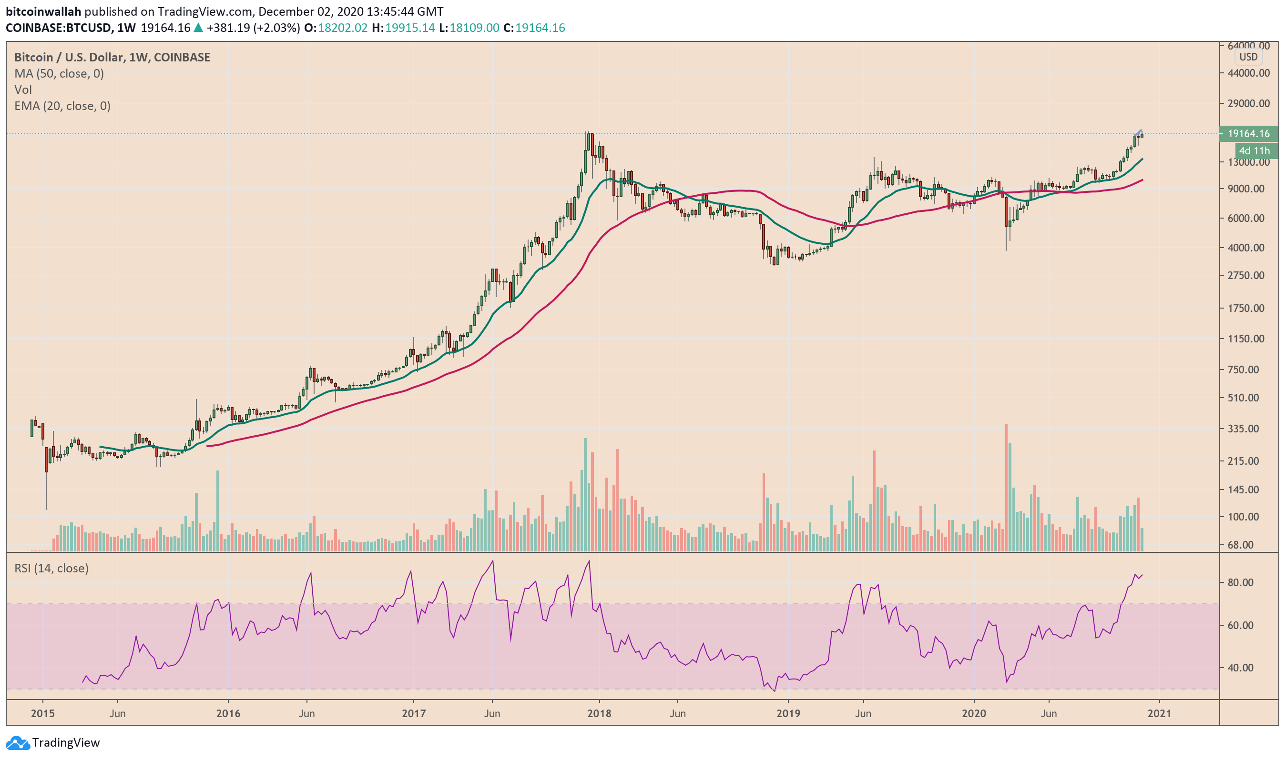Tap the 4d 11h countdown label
[x=1253, y=150]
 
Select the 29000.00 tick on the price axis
[x=1248, y=103]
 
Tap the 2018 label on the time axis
[x=599, y=713]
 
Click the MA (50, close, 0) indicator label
[x=59, y=74]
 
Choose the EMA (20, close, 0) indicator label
[x=62, y=106]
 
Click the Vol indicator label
[x=23, y=90]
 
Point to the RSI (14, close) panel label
[x=51, y=568]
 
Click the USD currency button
[x=1248, y=57]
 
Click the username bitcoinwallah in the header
[x=43, y=11]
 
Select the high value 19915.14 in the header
[x=409, y=28]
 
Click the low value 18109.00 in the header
[x=474, y=28]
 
